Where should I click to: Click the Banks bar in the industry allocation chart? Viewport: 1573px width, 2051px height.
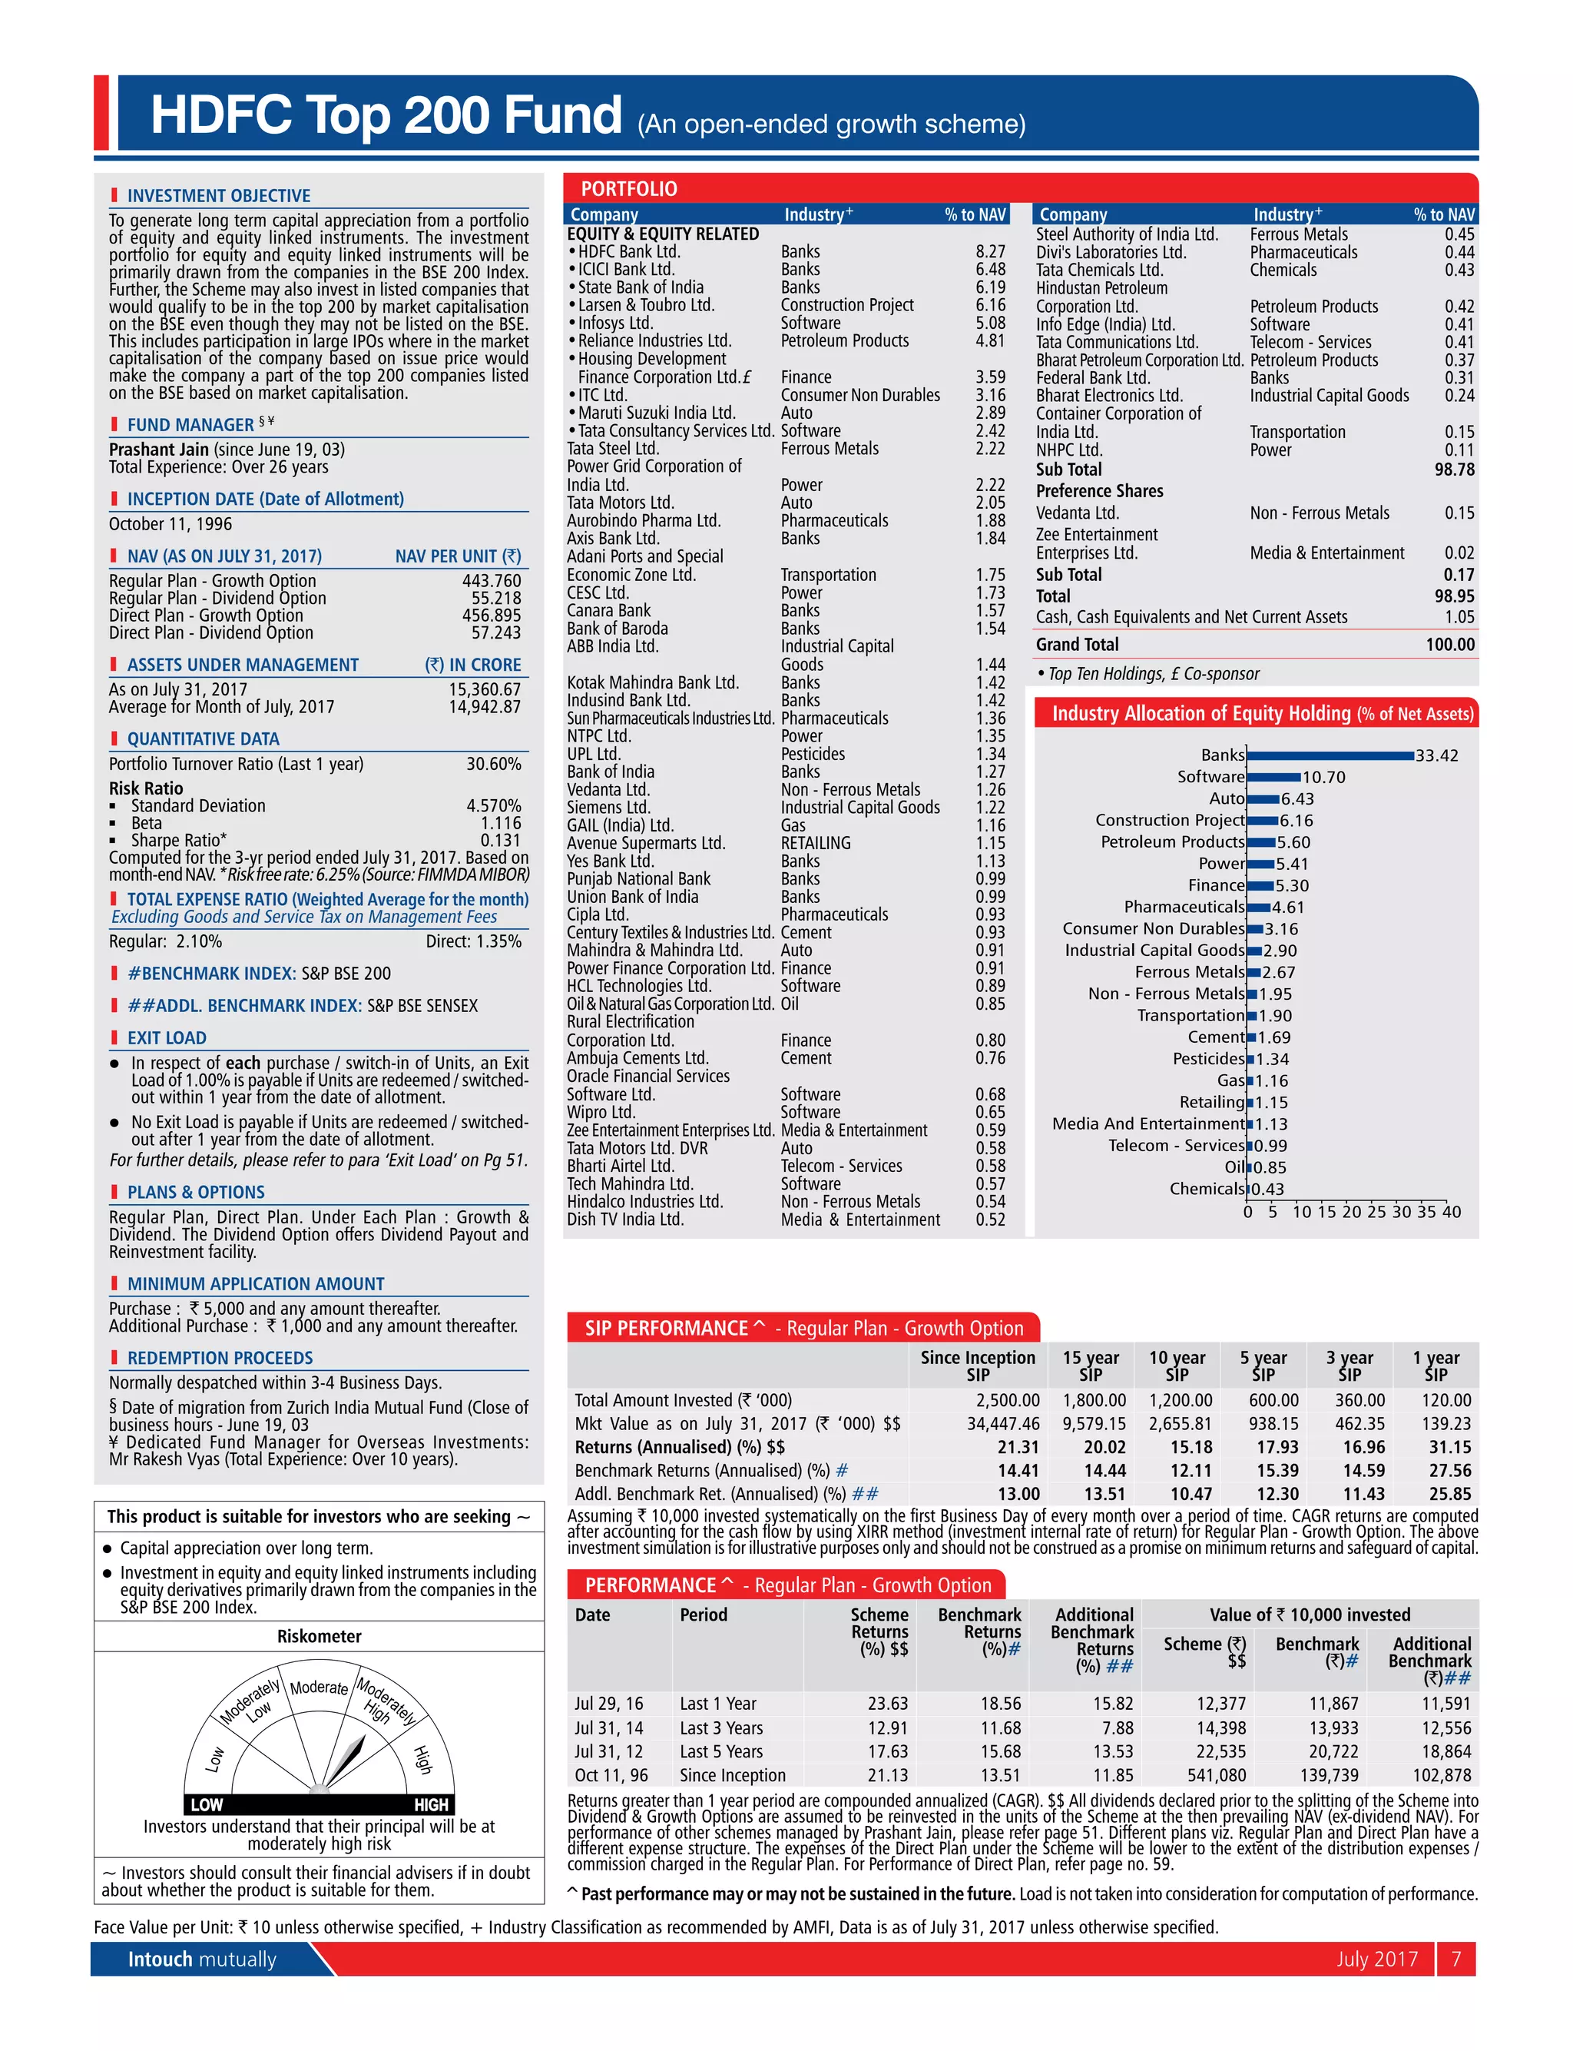click(1330, 755)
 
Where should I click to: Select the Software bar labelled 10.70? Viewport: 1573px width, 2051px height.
click(1273, 776)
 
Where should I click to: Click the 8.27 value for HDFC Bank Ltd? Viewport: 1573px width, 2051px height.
click(990, 252)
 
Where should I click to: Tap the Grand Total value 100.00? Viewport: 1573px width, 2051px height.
click(1449, 644)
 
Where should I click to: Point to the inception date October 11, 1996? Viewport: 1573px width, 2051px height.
click(171, 524)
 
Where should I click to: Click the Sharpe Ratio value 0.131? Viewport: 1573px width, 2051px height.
click(500, 840)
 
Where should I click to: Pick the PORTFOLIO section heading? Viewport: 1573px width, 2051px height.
click(628, 189)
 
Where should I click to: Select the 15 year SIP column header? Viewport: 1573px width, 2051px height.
click(1090, 1366)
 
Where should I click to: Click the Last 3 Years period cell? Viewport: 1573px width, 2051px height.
click(721, 1728)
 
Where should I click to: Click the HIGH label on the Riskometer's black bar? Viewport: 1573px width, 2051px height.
click(431, 1804)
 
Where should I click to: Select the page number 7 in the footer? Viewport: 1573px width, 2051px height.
click(1456, 1958)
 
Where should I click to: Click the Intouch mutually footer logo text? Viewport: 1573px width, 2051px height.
click(202, 1958)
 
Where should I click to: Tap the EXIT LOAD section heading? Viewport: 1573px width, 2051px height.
click(167, 1037)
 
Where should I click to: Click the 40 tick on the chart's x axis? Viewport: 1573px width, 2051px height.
click(1450, 1212)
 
